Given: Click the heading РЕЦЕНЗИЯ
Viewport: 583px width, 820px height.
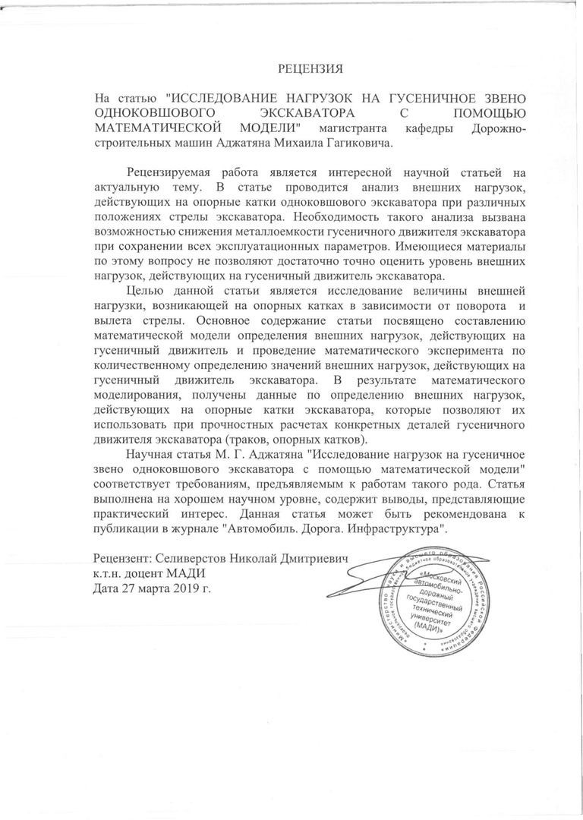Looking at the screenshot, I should pos(310,70).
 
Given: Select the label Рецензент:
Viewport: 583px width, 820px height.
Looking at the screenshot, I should pos(125,558).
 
